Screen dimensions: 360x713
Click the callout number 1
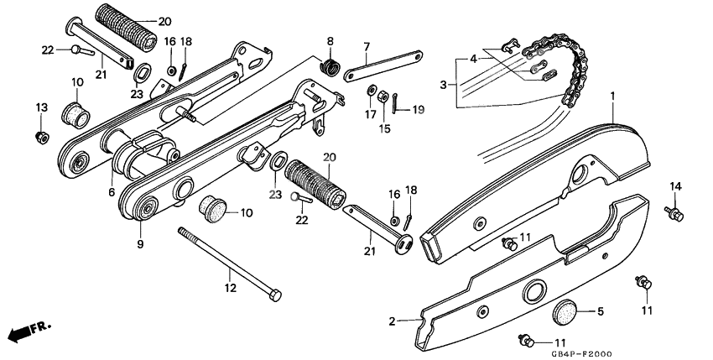coord(613,97)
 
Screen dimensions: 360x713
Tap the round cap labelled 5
coord(566,312)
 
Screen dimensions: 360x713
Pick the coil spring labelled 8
coord(330,64)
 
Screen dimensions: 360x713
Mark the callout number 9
coord(141,244)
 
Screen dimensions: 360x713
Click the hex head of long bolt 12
coord(273,295)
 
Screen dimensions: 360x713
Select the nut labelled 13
coord(39,136)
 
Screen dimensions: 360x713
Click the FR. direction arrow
coord(23,331)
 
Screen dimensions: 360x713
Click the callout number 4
coord(474,59)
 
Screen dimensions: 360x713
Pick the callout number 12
coord(228,288)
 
